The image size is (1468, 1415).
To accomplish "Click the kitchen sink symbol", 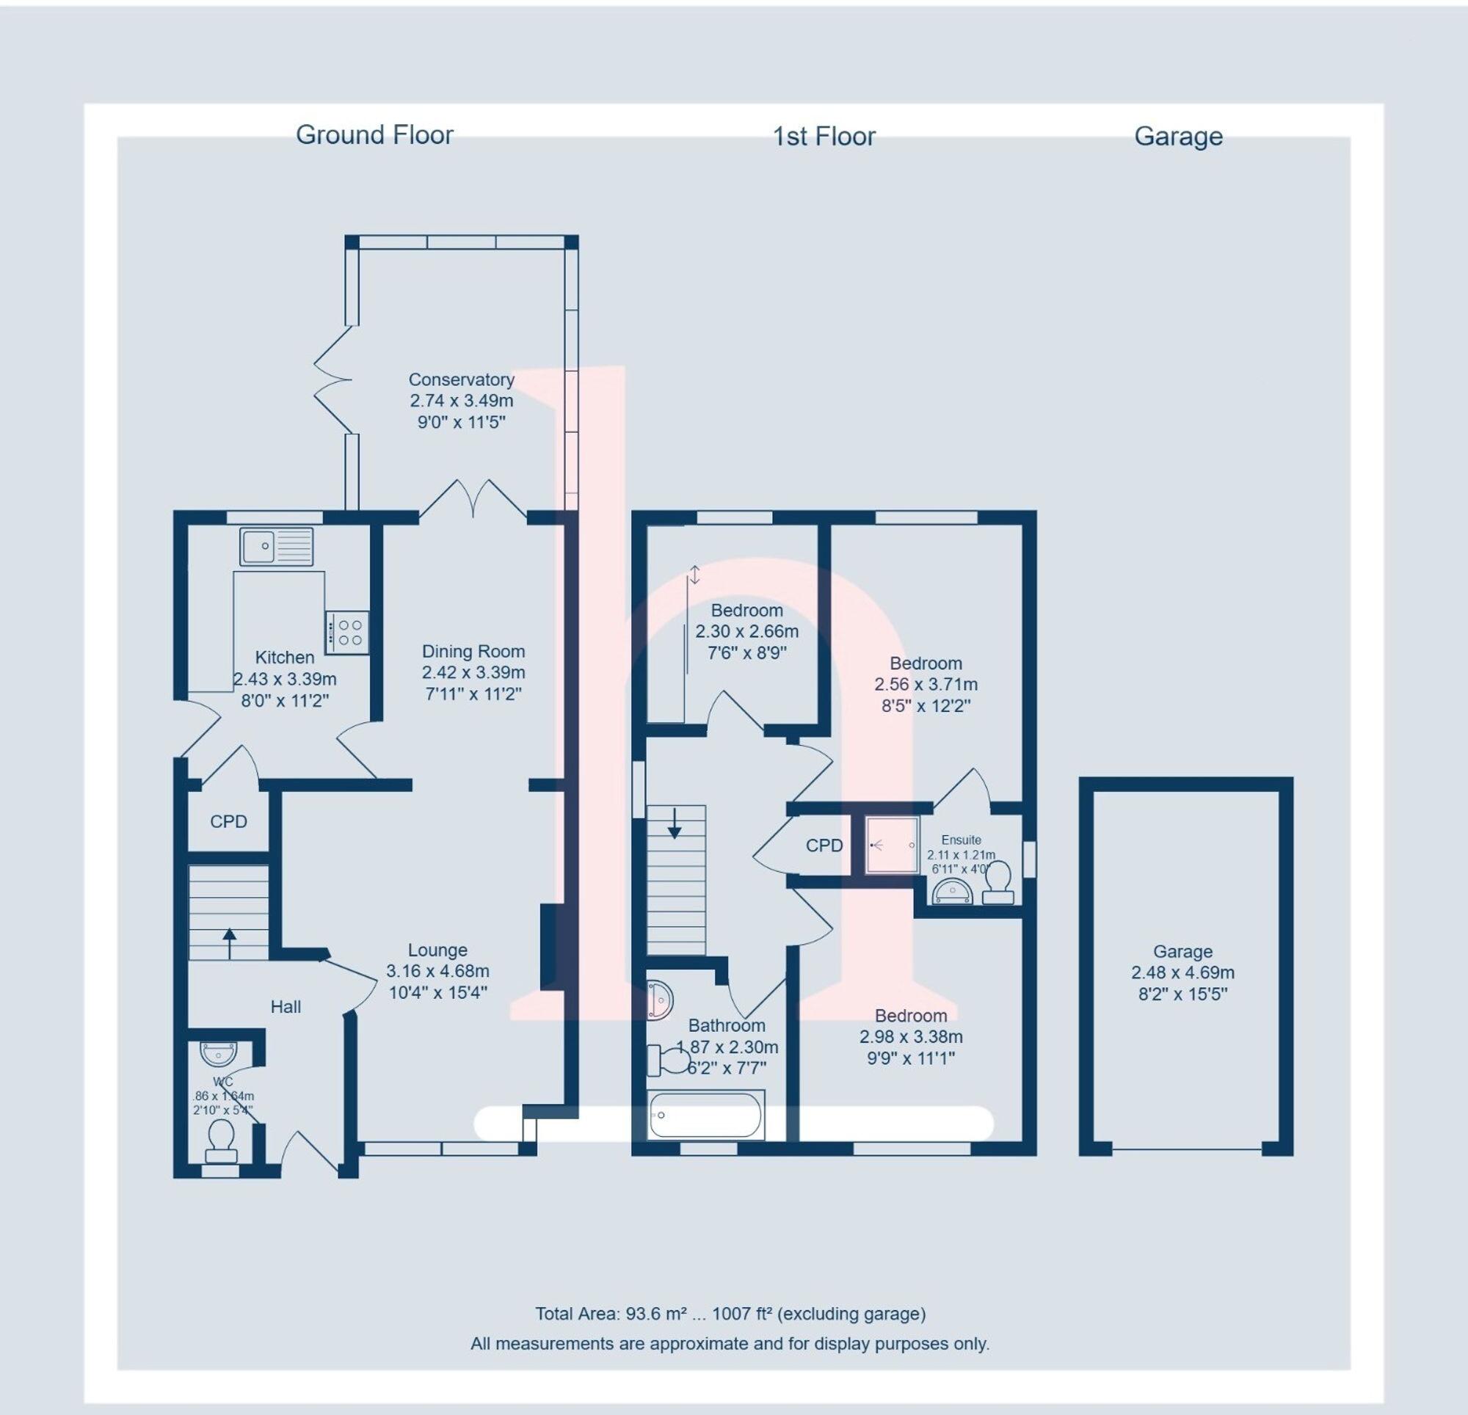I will (x=277, y=546).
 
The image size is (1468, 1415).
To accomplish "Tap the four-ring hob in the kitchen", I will (x=347, y=632).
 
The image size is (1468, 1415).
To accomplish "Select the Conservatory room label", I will (x=462, y=379).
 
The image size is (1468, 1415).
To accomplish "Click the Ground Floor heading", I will (x=374, y=135).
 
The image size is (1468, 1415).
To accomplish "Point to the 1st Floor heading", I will (x=824, y=137).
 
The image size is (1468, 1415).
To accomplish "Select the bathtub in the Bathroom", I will (x=705, y=1115).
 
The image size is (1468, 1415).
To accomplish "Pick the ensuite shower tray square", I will (x=892, y=845).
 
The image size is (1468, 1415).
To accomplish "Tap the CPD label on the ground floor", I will (x=228, y=822).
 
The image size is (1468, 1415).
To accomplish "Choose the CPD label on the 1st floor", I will (x=824, y=845).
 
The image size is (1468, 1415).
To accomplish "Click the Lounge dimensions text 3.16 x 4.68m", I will (x=437, y=972).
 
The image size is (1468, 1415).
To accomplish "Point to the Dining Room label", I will (x=473, y=652).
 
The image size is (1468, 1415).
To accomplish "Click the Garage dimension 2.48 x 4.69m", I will (x=1182, y=973).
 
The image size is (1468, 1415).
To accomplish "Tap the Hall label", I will (x=286, y=1007).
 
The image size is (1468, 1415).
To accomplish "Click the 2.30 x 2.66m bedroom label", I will (x=746, y=631).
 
